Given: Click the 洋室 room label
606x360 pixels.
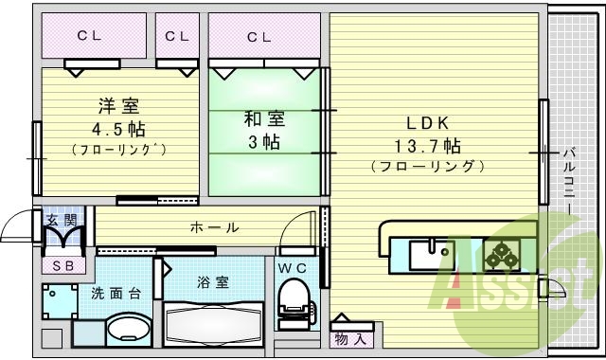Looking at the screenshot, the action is coord(117,105).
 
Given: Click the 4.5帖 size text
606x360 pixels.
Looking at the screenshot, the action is coord(117,127).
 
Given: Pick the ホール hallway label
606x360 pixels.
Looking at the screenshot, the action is coord(214,227).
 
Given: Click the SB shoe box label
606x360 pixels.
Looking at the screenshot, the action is coord(62,266).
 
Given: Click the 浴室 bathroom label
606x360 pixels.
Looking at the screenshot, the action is coord(212,282).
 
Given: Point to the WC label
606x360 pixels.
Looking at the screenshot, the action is coord(292,268).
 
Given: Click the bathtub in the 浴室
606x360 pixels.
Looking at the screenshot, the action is coord(213,325).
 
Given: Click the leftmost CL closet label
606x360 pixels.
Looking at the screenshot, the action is coord(90,37).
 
